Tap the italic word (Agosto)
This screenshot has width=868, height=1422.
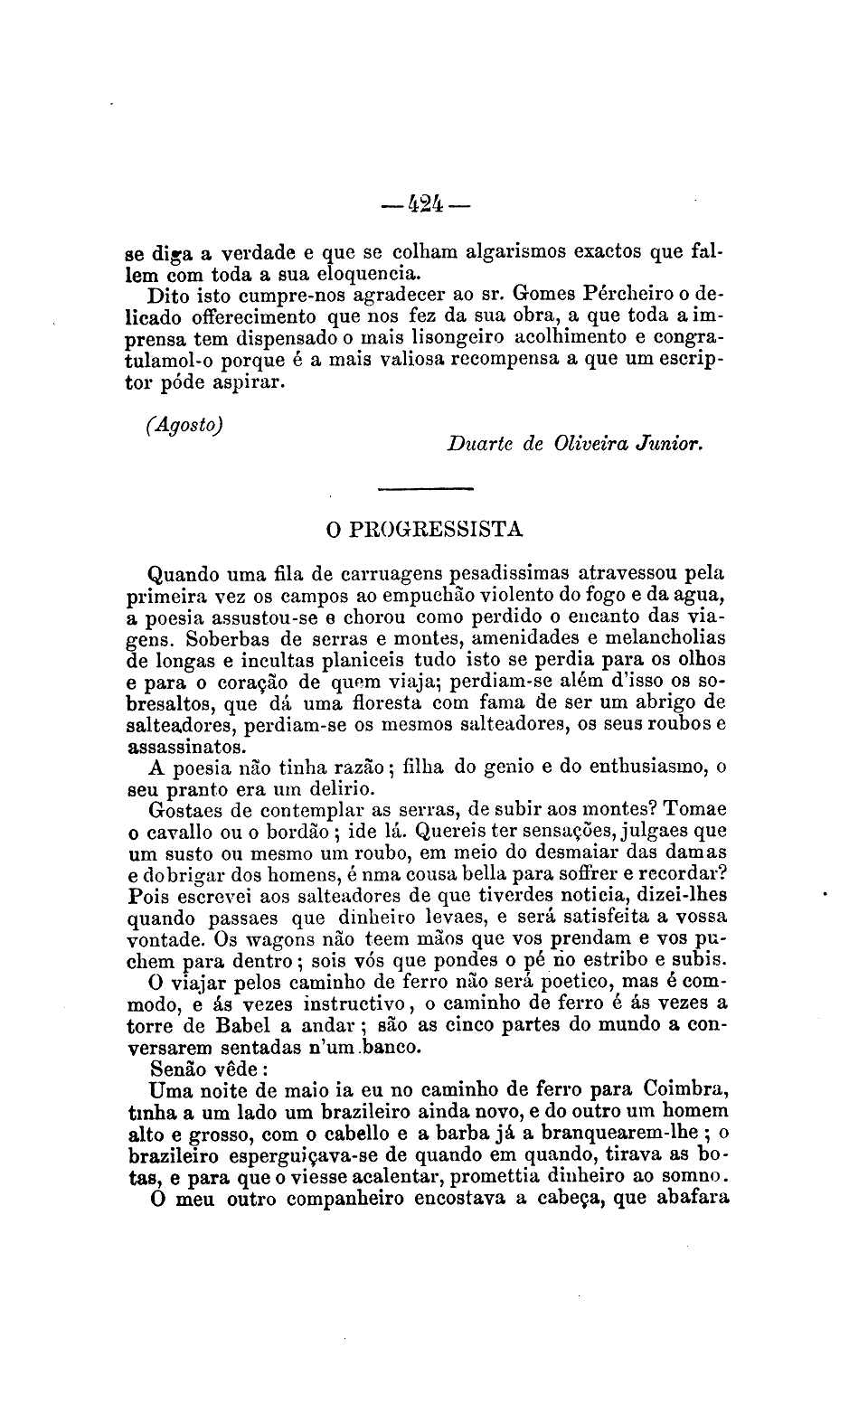point(184,424)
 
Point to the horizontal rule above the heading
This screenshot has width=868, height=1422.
point(426,489)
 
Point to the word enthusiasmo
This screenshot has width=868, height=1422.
point(647,768)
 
